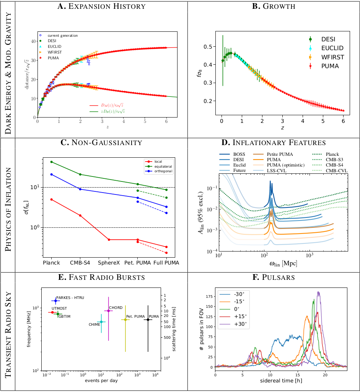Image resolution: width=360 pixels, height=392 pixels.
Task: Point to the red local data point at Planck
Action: (51, 199)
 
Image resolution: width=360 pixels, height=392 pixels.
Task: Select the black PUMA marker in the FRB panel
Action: (148, 319)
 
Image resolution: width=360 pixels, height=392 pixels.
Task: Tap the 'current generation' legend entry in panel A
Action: (64, 35)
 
